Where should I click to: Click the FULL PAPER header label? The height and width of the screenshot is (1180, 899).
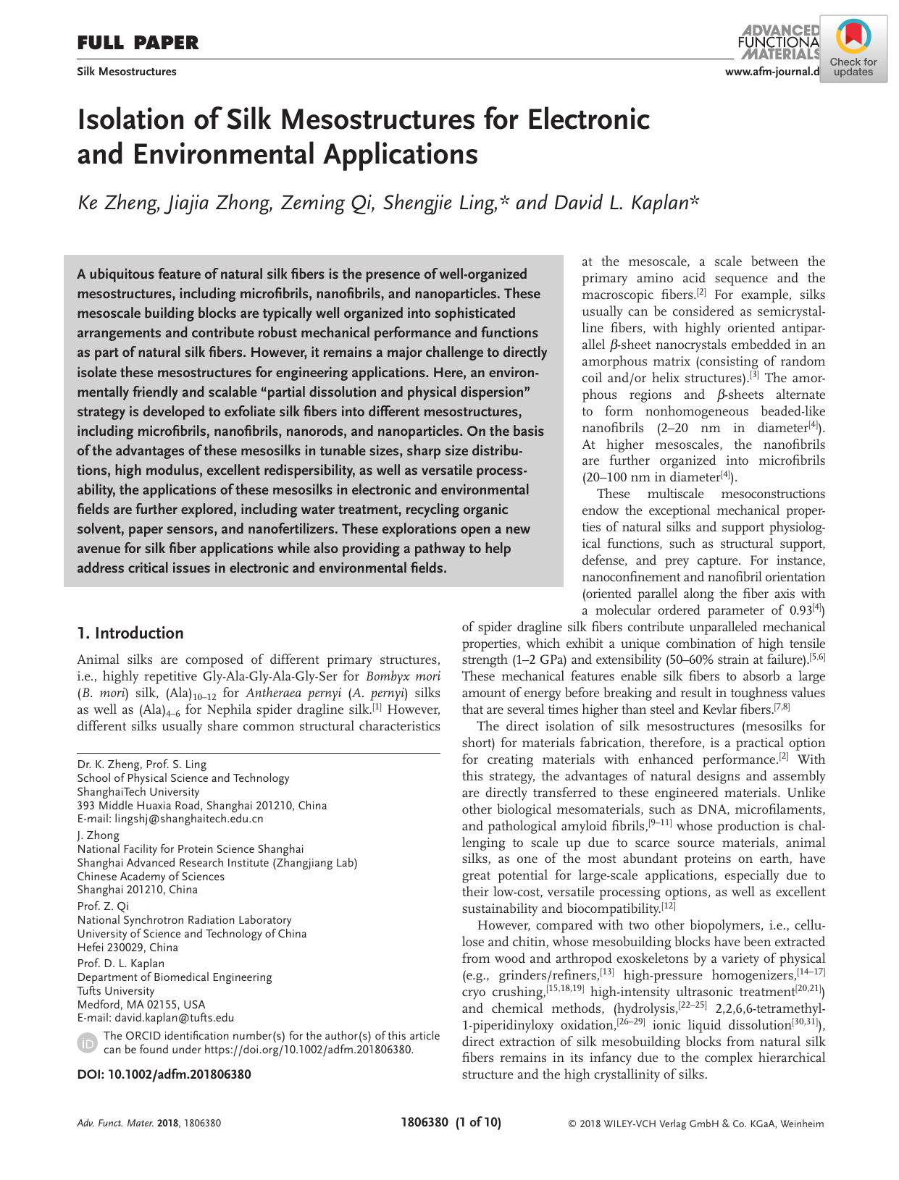pyautogui.click(x=138, y=43)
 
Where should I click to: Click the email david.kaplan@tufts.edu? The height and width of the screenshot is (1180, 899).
pyautogui.click(x=173, y=1018)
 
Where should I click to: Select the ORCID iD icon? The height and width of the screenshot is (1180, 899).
pyautogui.click(x=86, y=1042)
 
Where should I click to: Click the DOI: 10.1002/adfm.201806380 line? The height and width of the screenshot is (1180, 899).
pyautogui.click(x=164, y=1074)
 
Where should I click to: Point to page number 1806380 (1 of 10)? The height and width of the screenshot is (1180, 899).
pyautogui.click(x=451, y=1123)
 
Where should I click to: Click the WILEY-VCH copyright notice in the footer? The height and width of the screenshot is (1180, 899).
pyautogui.click(x=695, y=1124)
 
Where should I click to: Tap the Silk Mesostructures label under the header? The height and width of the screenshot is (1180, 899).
pyautogui.click(x=127, y=72)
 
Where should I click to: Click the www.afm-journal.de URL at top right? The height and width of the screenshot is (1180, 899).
pyautogui.click(x=771, y=71)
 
